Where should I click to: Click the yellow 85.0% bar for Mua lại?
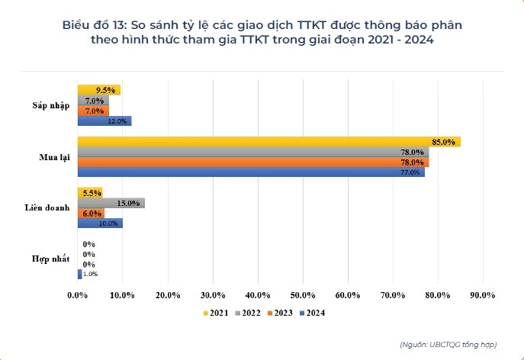(x=267, y=142)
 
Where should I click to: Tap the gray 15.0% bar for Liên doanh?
(x=111, y=203)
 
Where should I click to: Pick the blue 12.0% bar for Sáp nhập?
(x=104, y=121)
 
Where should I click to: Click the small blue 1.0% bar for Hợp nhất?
(x=79, y=274)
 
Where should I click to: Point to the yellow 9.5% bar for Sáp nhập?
(x=98, y=90)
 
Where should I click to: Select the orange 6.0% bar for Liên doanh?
(x=91, y=213)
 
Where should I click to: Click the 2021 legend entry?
(x=219, y=312)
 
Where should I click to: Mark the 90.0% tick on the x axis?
(x=483, y=294)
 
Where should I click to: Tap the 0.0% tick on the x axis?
(x=78, y=294)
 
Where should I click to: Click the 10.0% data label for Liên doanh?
(x=108, y=223)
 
